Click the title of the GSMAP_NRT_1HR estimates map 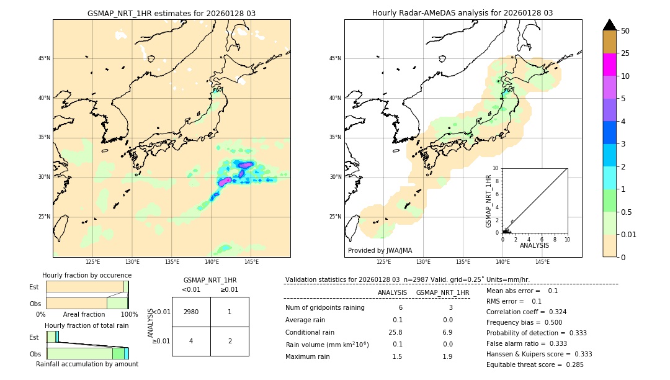171,13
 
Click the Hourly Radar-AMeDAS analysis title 462,13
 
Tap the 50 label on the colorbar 625,31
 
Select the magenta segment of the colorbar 609,65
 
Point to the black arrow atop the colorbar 609,25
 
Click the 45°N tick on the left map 44,58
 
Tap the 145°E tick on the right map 542,262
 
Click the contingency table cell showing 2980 191,312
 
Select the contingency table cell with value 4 191,341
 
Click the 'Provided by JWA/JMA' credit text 380,250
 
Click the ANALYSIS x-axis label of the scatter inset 534,245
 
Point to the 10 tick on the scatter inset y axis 496,168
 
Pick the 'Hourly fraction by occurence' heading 87,275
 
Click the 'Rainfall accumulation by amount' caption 87,364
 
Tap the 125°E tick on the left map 92,262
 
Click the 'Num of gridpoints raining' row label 325,307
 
